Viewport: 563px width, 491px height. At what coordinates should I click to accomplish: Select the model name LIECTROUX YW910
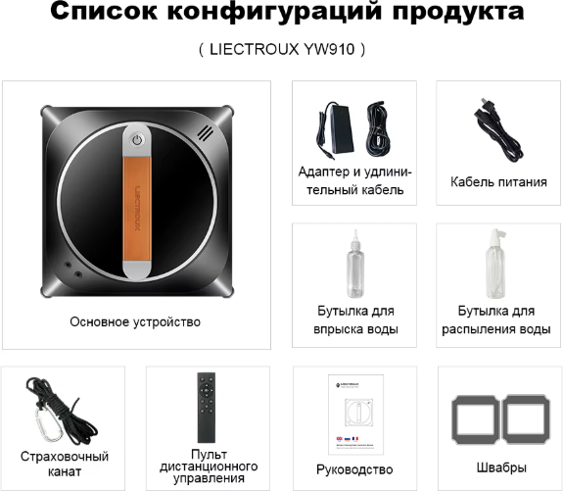tap(281, 49)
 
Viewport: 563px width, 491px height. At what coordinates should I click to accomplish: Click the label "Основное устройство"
tap(135, 320)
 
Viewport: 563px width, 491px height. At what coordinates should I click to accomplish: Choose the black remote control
tap(207, 408)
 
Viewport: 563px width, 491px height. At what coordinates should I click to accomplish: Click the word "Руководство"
tap(354, 469)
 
